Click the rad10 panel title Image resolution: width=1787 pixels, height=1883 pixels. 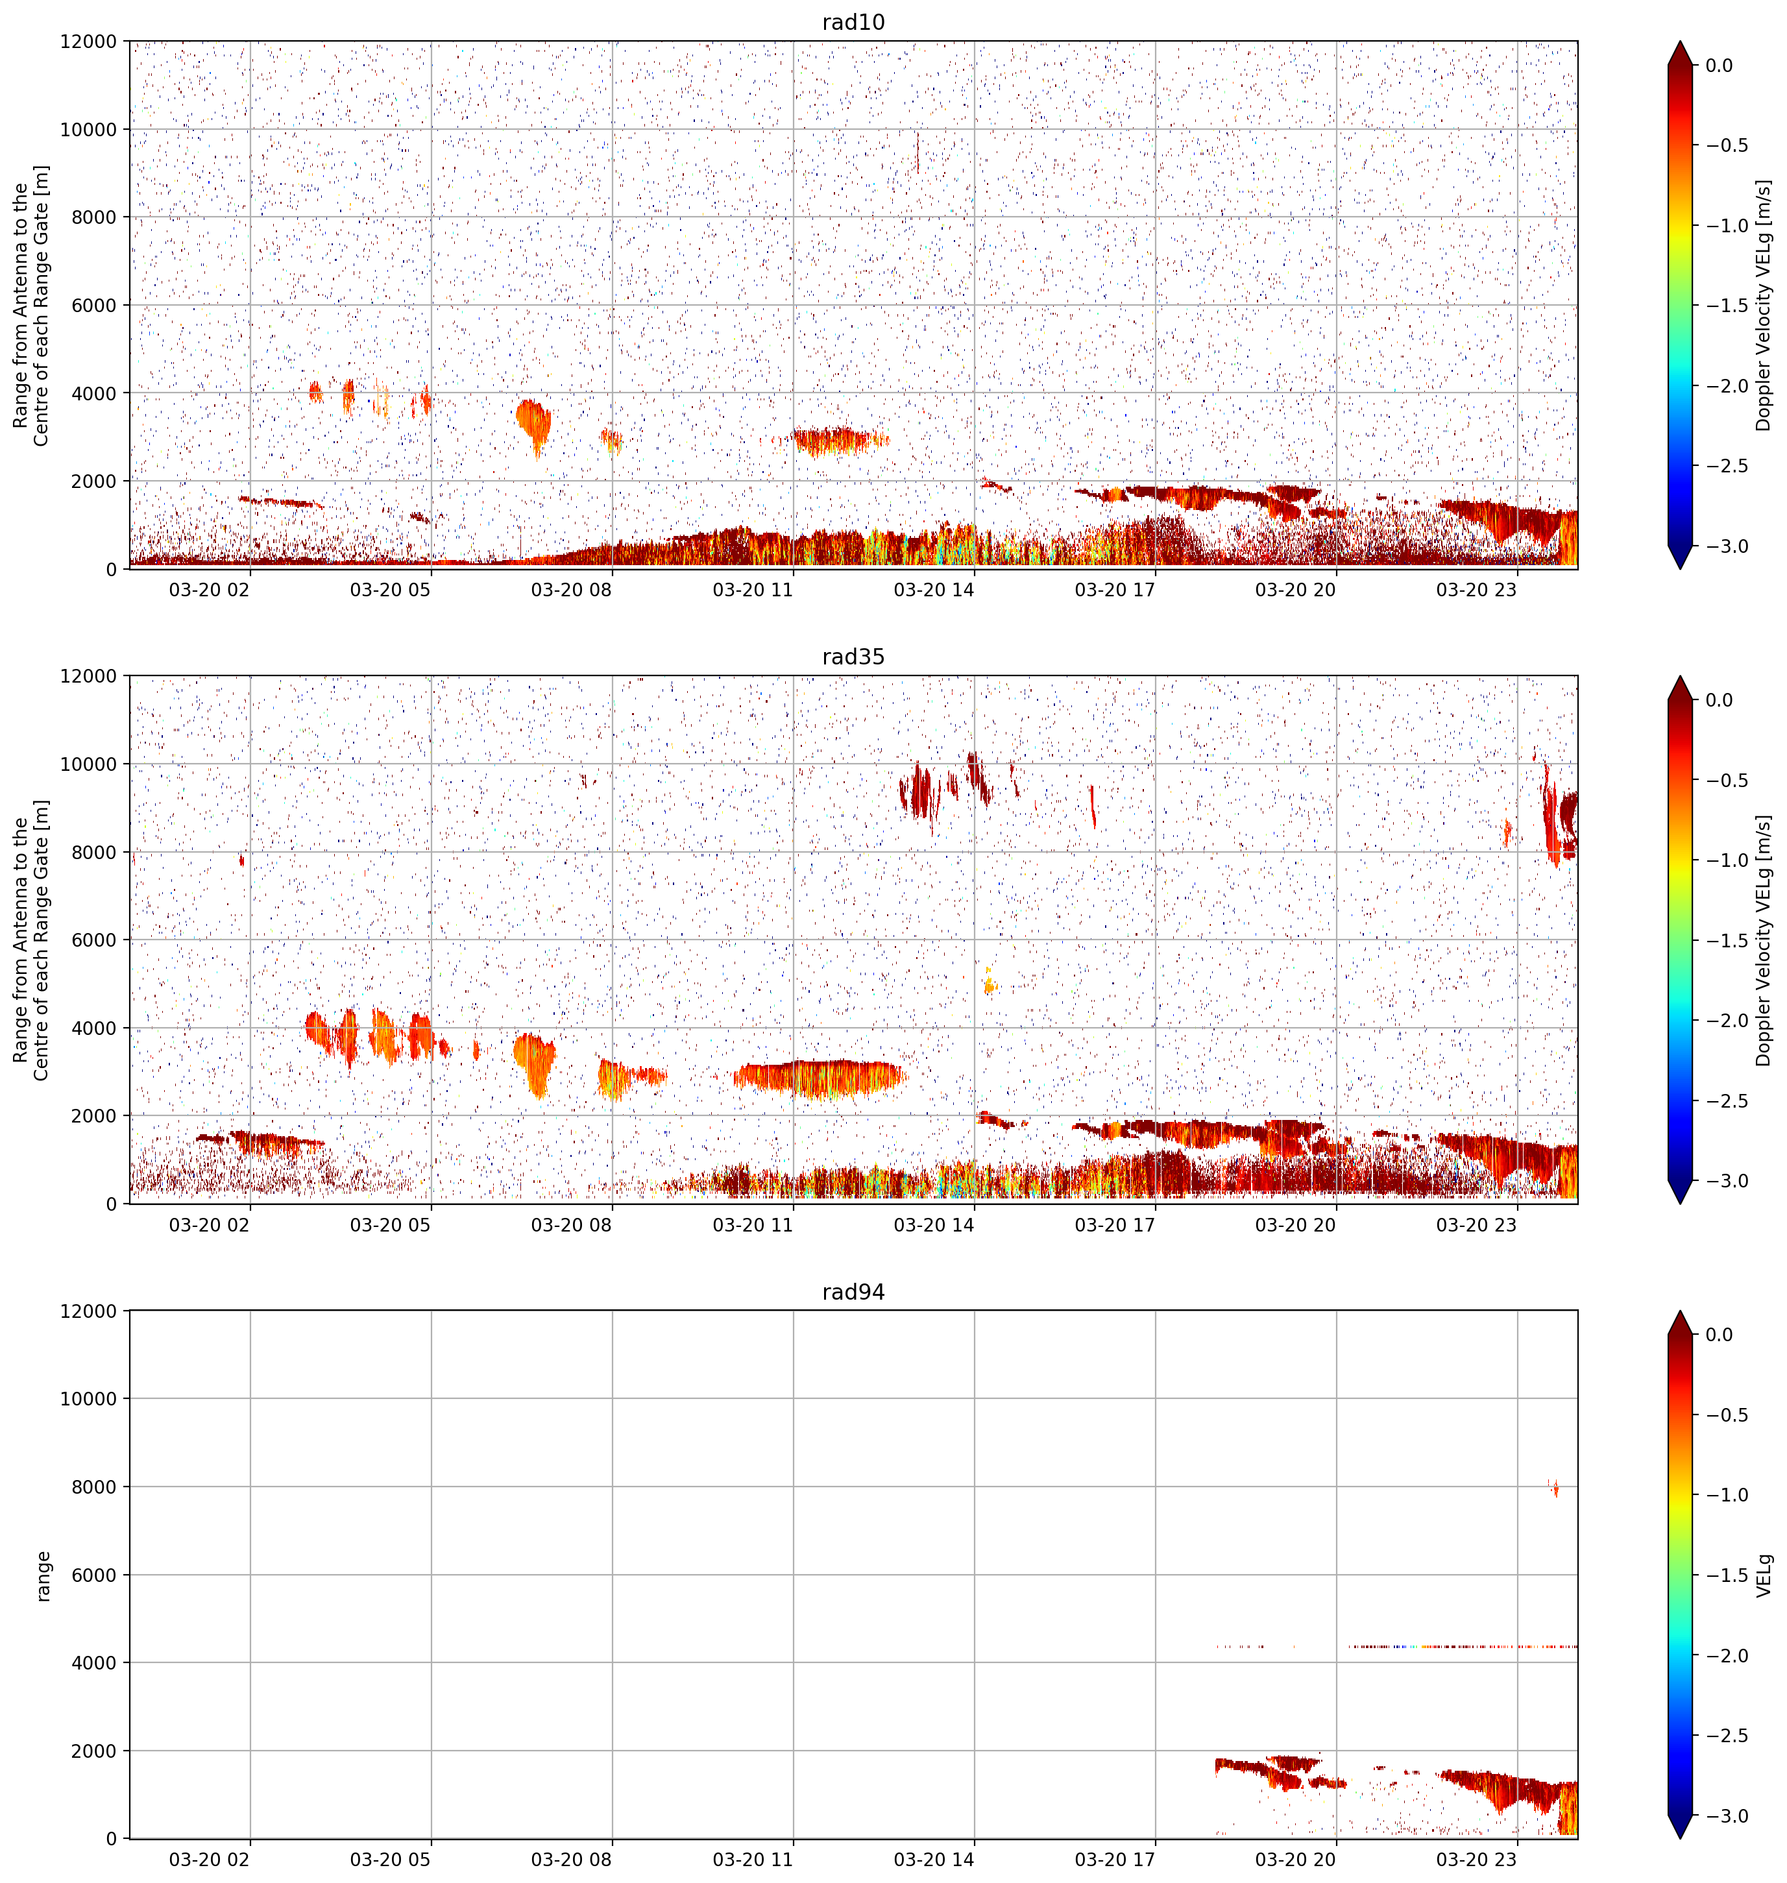(x=853, y=22)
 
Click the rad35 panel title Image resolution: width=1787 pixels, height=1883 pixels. (x=853, y=656)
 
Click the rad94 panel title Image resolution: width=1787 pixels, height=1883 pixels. (x=853, y=1291)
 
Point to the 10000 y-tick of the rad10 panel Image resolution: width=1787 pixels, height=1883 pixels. (x=89, y=130)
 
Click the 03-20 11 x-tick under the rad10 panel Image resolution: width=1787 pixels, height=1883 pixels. (x=753, y=590)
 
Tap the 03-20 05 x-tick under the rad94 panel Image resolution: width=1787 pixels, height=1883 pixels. (x=391, y=1859)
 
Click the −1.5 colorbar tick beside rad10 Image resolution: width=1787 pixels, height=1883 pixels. (x=1725, y=306)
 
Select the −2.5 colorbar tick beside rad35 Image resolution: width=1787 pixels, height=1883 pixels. (x=1725, y=1100)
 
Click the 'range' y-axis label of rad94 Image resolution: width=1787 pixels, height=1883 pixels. (x=43, y=1576)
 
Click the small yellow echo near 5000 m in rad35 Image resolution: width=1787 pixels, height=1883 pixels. (x=989, y=981)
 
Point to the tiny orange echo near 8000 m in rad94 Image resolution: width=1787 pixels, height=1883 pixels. (x=1555, y=1488)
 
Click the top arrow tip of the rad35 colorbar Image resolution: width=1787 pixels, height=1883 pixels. (x=1679, y=676)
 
